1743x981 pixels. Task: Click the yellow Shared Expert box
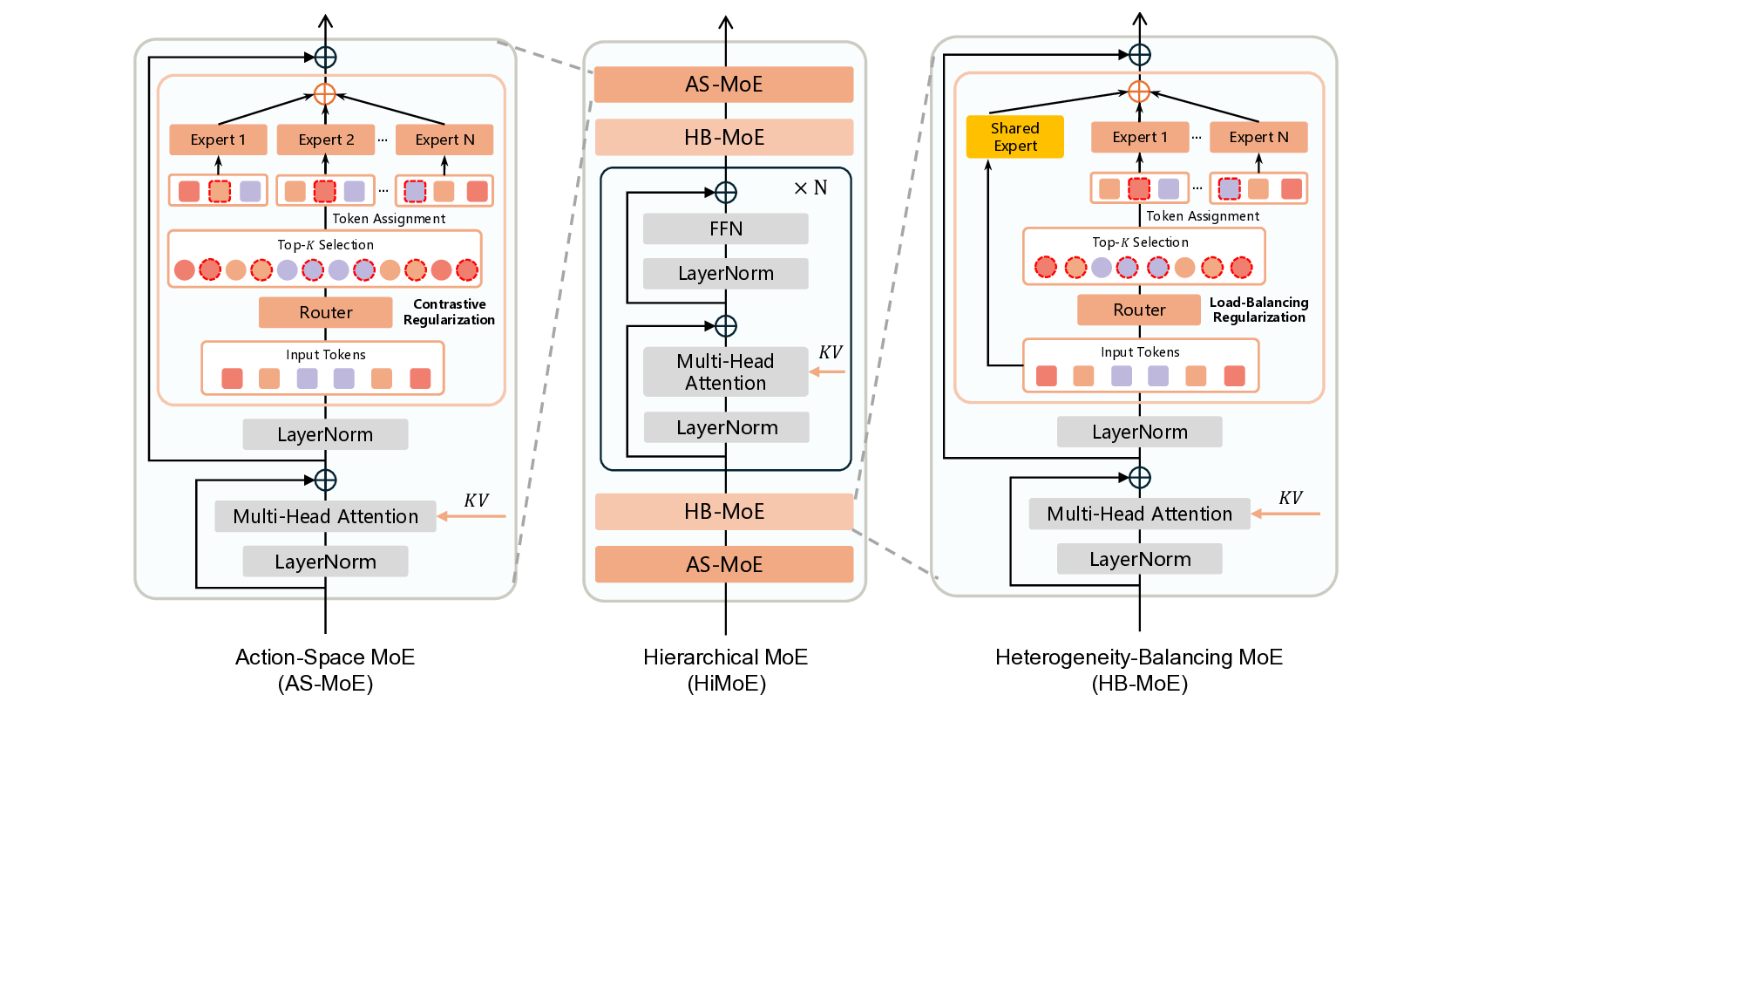click(x=1014, y=137)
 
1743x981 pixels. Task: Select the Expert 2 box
click(x=325, y=140)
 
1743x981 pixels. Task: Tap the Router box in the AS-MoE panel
click(x=325, y=312)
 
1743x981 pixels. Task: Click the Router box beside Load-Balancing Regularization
click(x=1138, y=310)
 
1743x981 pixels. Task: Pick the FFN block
click(x=725, y=228)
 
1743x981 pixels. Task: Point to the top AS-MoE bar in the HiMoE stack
click(x=723, y=85)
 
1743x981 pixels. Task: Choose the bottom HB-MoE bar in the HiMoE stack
click(x=723, y=512)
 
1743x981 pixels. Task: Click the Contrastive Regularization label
click(x=449, y=312)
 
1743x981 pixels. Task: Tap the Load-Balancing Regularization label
click(x=1258, y=310)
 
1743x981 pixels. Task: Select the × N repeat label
click(x=810, y=187)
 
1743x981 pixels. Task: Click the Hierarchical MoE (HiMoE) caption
click(x=725, y=670)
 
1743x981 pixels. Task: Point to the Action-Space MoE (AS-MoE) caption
click(x=325, y=670)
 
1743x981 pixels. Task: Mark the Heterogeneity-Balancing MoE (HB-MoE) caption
click(x=1138, y=670)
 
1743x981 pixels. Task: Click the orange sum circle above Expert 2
click(x=324, y=94)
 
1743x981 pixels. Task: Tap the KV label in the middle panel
click(x=830, y=352)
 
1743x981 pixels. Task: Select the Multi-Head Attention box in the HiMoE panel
click(x=725, y=372)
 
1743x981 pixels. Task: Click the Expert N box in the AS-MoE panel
click(x=444, y=140)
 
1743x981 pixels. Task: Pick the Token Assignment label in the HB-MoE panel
click(x=1202, y=216)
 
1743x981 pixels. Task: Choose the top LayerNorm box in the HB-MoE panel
click(x=1139, y=432)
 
